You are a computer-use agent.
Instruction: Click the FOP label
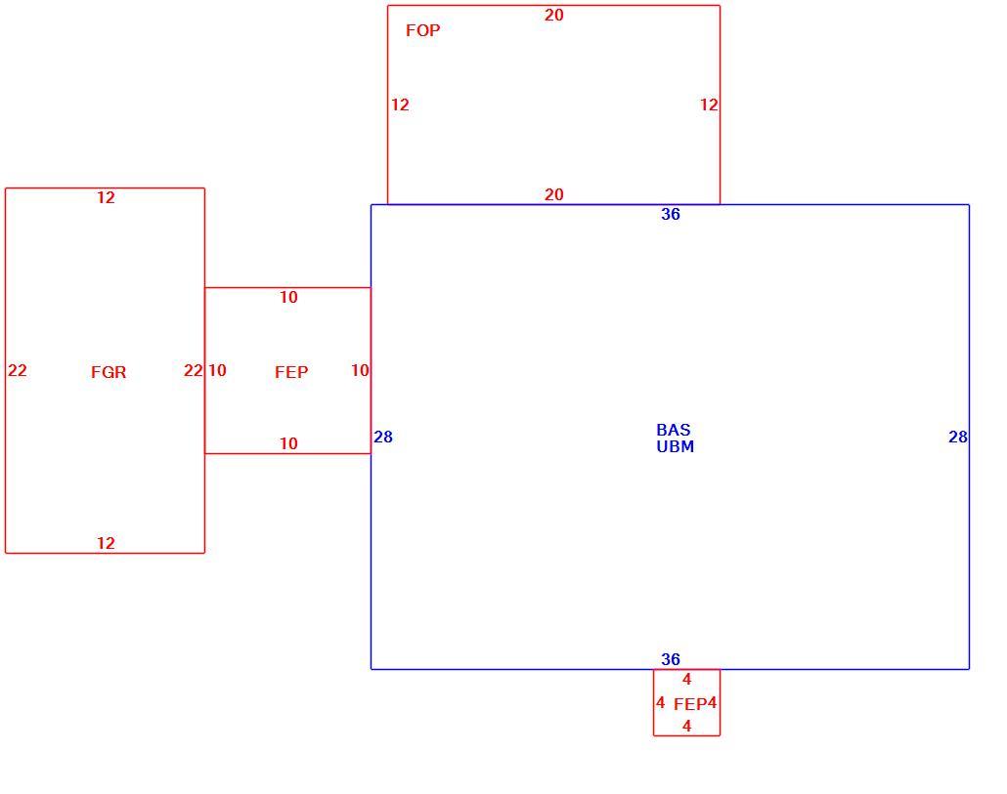tap(422, 30)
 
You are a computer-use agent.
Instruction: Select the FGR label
tap(109, 372)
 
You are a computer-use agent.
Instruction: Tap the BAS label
tap(673, 430)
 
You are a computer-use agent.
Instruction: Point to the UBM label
tap(675, 446)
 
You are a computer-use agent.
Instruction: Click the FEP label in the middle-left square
tap(291, 372)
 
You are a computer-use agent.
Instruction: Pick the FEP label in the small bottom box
tap(690, 704)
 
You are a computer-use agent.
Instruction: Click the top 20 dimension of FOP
tap(554, 15)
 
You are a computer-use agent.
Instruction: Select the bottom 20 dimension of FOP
tap(554, 194)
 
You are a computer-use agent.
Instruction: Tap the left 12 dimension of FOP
tap(400, 104)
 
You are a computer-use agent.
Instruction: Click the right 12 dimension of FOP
tap(709, 104)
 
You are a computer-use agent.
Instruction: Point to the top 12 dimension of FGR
tap(106, 197)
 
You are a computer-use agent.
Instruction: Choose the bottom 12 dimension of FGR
tap(106, 543)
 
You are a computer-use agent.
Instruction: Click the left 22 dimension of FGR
tap(18, 370)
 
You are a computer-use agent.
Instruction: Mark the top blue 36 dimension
tap(671, 214)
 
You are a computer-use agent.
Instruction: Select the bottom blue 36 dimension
tap(671, 659)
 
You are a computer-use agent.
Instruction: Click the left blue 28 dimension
tap(383, 437)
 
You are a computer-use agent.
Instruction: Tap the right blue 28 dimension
tap(958, 437)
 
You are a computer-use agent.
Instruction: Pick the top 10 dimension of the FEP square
tap(288, 297)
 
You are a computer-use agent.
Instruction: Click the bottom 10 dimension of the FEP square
tap(288, 443)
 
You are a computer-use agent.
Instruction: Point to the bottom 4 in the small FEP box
tap(686, 726)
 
